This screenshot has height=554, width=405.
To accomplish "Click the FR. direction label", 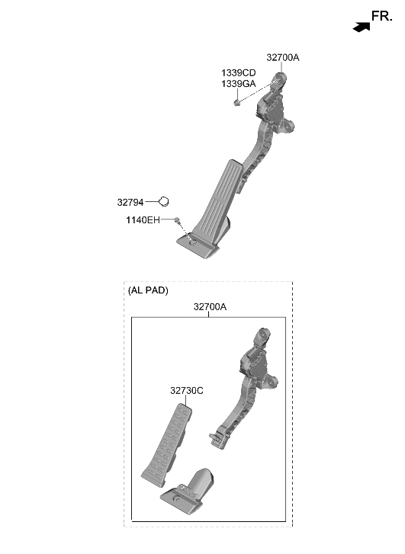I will tap(381, 15).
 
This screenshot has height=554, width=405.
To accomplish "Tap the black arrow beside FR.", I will tap(361, 27).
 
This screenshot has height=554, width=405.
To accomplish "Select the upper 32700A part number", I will tap(283, 57).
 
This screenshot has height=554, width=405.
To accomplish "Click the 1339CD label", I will tap(239, 72).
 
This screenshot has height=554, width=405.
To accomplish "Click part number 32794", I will tap(130, 202).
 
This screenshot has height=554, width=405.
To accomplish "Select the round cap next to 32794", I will tap(163, 201).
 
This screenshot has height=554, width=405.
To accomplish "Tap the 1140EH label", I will tap(143, 220).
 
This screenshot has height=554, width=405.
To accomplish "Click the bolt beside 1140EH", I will tap(177, 221).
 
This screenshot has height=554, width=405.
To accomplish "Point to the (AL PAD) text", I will tap(148, 290).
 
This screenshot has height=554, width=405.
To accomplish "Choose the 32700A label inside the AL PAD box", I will tap(210, 307).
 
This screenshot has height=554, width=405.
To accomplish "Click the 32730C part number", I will tap(186, 390).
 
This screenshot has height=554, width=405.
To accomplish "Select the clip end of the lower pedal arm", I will tap(215, 437).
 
